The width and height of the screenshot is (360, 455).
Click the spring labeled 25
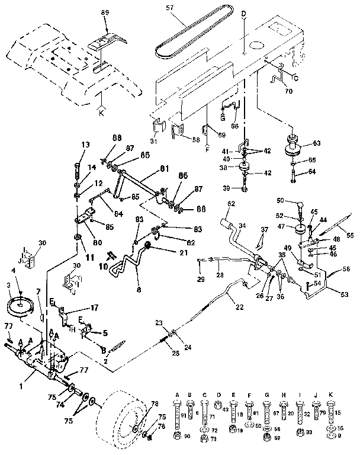(165, 341)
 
